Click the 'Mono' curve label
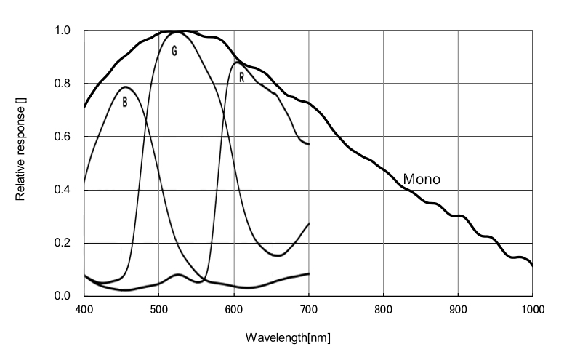tap(422, 179)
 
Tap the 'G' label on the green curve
tap(174, 51)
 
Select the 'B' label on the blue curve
tap(124, 103)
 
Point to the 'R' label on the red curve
tap(241, 77)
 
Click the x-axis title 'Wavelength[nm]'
tap(289, 339)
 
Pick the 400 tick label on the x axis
tap(84, 310)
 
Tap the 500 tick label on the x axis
tap(158, 310)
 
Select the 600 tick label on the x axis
tap(233, 310)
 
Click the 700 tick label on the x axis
tap(308, 310)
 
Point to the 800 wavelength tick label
tap(383, 310)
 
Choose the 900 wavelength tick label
tap(458, 310)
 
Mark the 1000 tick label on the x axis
tap(532, 310)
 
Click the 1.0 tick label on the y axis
tap(63, 31)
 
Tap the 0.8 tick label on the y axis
tap(63, 84)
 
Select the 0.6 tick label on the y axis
tap(63, 137)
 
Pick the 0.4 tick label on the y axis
tap(63, 191)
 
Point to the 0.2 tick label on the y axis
tap(63, 244)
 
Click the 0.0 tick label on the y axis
tap(63, 296)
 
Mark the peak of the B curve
tap(125, 87)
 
